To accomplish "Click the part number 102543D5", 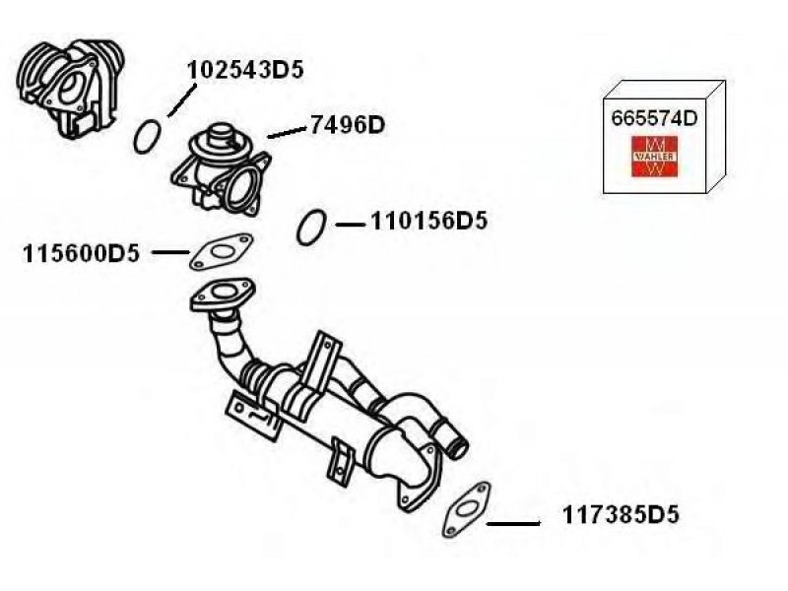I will pyautogui.click(x=245, y=70).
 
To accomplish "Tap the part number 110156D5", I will pyautogui.click(x=428, y=222).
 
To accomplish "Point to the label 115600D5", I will pyautogui.click(x=81, y=254).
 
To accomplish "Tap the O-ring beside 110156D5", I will pyautogui.click(x=311, y=228).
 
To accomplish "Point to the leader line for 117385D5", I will pyautogui.click(x=513, y=522).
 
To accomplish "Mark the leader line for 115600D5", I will pyautogui.click(x=170, y=253).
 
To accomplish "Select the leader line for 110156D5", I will pyautogui.click(x=350, y=226).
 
